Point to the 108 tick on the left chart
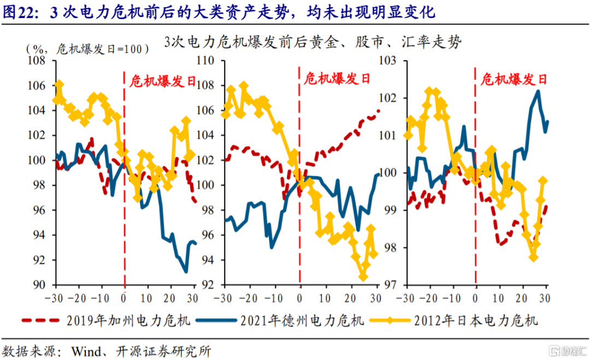[x=40, y=61]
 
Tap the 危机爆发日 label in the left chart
[x=162, y=81]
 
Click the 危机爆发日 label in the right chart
[x=514, y=80]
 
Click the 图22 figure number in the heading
[x=19, y=12]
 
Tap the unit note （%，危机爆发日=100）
[x=88, y=49]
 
